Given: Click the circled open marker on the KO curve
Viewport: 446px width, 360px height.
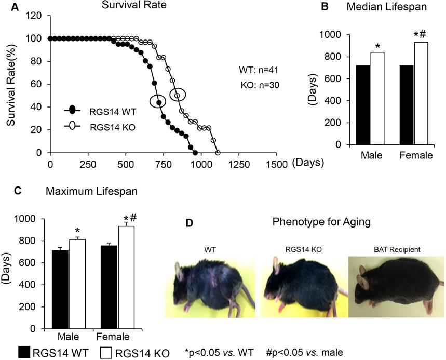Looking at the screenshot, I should [178, 96].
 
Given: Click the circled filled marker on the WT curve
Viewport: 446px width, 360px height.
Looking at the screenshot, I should [159, 102].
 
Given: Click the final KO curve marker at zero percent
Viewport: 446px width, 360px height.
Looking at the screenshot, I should [218, 153].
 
